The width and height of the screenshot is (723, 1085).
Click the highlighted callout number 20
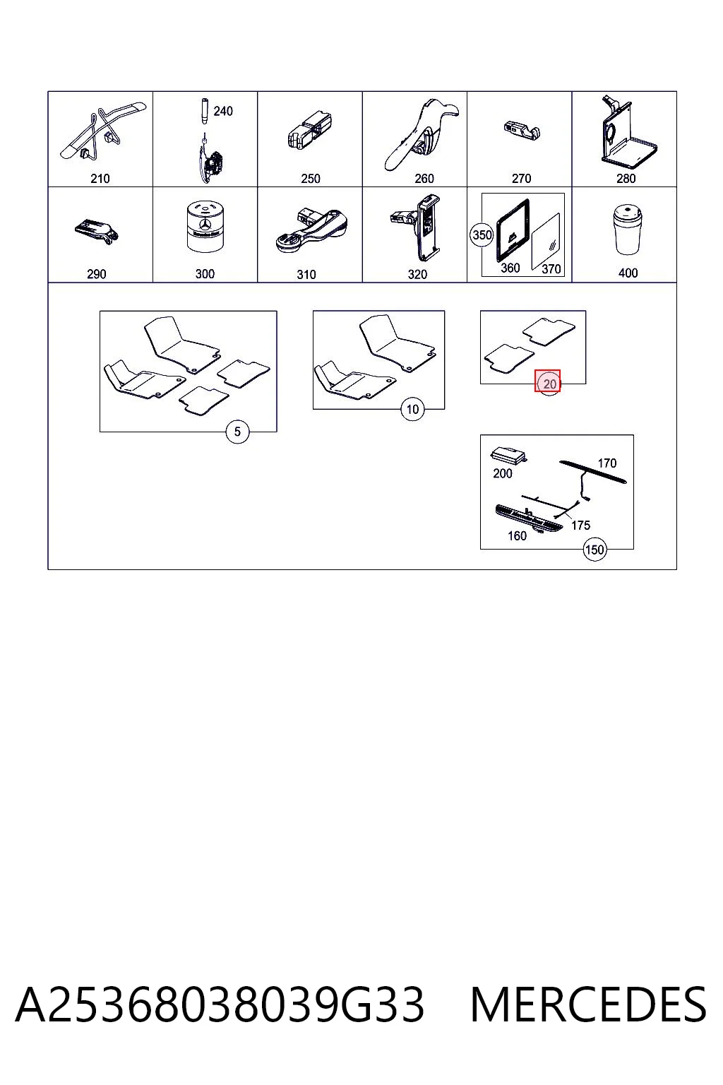point(548,383)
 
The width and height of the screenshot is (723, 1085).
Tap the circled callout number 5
point(237,431)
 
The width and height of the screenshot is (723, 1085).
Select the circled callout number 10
point(412,409)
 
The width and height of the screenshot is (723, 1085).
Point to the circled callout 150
point(594,550)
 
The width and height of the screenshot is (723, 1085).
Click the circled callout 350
point(482,235)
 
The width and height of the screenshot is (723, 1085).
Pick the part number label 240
point(223,112)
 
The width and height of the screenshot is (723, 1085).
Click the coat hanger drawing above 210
point(102,131)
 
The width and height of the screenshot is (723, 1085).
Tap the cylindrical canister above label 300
point(205,227)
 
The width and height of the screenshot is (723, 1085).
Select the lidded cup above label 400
point(628,229)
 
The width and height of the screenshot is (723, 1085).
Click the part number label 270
point(522,178)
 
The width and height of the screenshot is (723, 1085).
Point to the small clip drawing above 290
point(97,231)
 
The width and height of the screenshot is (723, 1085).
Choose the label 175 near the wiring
point(580,525)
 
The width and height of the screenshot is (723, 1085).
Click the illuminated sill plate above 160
point(529,518)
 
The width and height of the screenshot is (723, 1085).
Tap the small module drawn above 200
point(508,456)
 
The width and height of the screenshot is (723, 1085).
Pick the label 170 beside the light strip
point(607,463)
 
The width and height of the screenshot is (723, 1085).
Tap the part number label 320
point(417,275)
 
